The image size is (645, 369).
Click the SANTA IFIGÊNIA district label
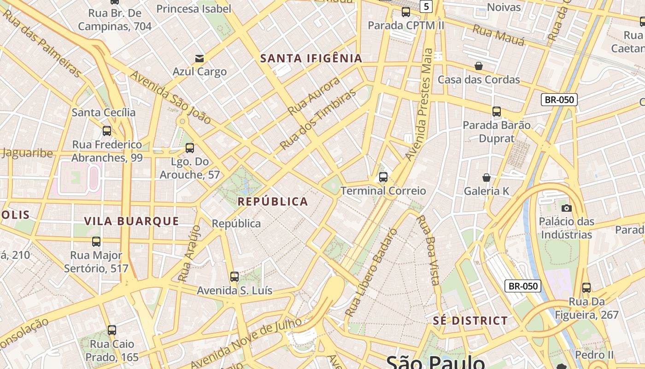coord(311,59)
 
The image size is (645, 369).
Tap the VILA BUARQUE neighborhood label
coord(131,221)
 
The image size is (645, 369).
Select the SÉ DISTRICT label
coord(470,321)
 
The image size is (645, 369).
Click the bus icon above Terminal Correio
coord(383,177)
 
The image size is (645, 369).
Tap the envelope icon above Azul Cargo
coord(199,59)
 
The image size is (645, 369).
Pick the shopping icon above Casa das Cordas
coord(479,66)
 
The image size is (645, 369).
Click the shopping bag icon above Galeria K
coord(487,178)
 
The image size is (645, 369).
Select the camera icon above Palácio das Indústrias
coord(567,208)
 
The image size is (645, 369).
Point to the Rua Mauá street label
coord(499,36)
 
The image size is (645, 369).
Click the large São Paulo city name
coord(435,362)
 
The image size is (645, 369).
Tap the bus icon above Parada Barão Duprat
coord(496,112)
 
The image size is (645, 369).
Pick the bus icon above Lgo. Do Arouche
coord(189,149)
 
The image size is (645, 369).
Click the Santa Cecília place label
coord(104,112)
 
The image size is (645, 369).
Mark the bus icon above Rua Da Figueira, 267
coord(586,288)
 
